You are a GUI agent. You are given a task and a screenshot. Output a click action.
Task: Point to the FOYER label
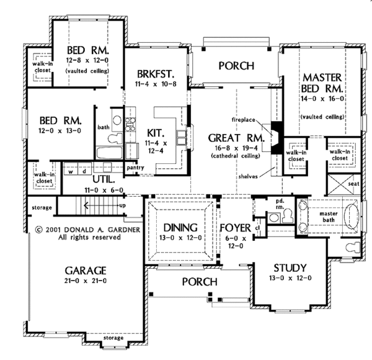pyautogui.click(x=235, y=227)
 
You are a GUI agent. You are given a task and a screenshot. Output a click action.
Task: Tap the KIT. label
pyautogui.click(x=155, y=133)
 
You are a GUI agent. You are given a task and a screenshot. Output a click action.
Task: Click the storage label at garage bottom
pyautogui.click(x=112, y=338)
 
